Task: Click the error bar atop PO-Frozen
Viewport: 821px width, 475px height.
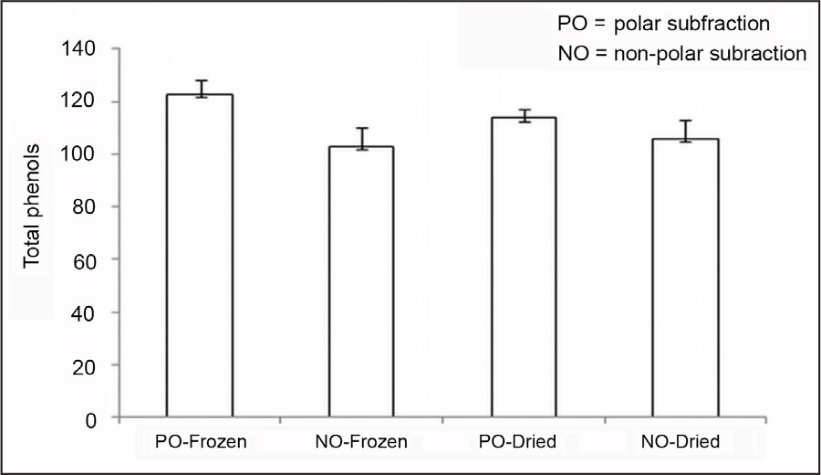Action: coord(200,88)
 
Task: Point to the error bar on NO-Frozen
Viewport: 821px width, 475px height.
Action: coord(361,138)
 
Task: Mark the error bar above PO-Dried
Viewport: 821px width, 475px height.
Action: coord(523,115)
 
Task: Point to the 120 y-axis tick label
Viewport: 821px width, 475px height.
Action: coord(82,101)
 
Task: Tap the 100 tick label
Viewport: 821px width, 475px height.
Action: coord(82,153)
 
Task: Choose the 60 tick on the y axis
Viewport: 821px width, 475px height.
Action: coord(88,259)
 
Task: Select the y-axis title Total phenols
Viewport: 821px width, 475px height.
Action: coord(33,206)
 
